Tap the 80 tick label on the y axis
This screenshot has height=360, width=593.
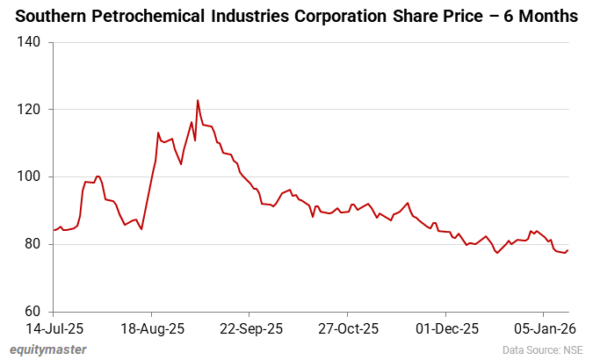34,244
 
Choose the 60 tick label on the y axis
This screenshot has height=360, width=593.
34,312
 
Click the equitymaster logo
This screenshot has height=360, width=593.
48,349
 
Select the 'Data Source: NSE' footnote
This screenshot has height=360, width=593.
543,349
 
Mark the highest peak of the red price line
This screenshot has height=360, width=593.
198,100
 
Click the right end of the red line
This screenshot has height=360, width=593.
568,250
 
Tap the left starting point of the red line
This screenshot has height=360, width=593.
54,230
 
